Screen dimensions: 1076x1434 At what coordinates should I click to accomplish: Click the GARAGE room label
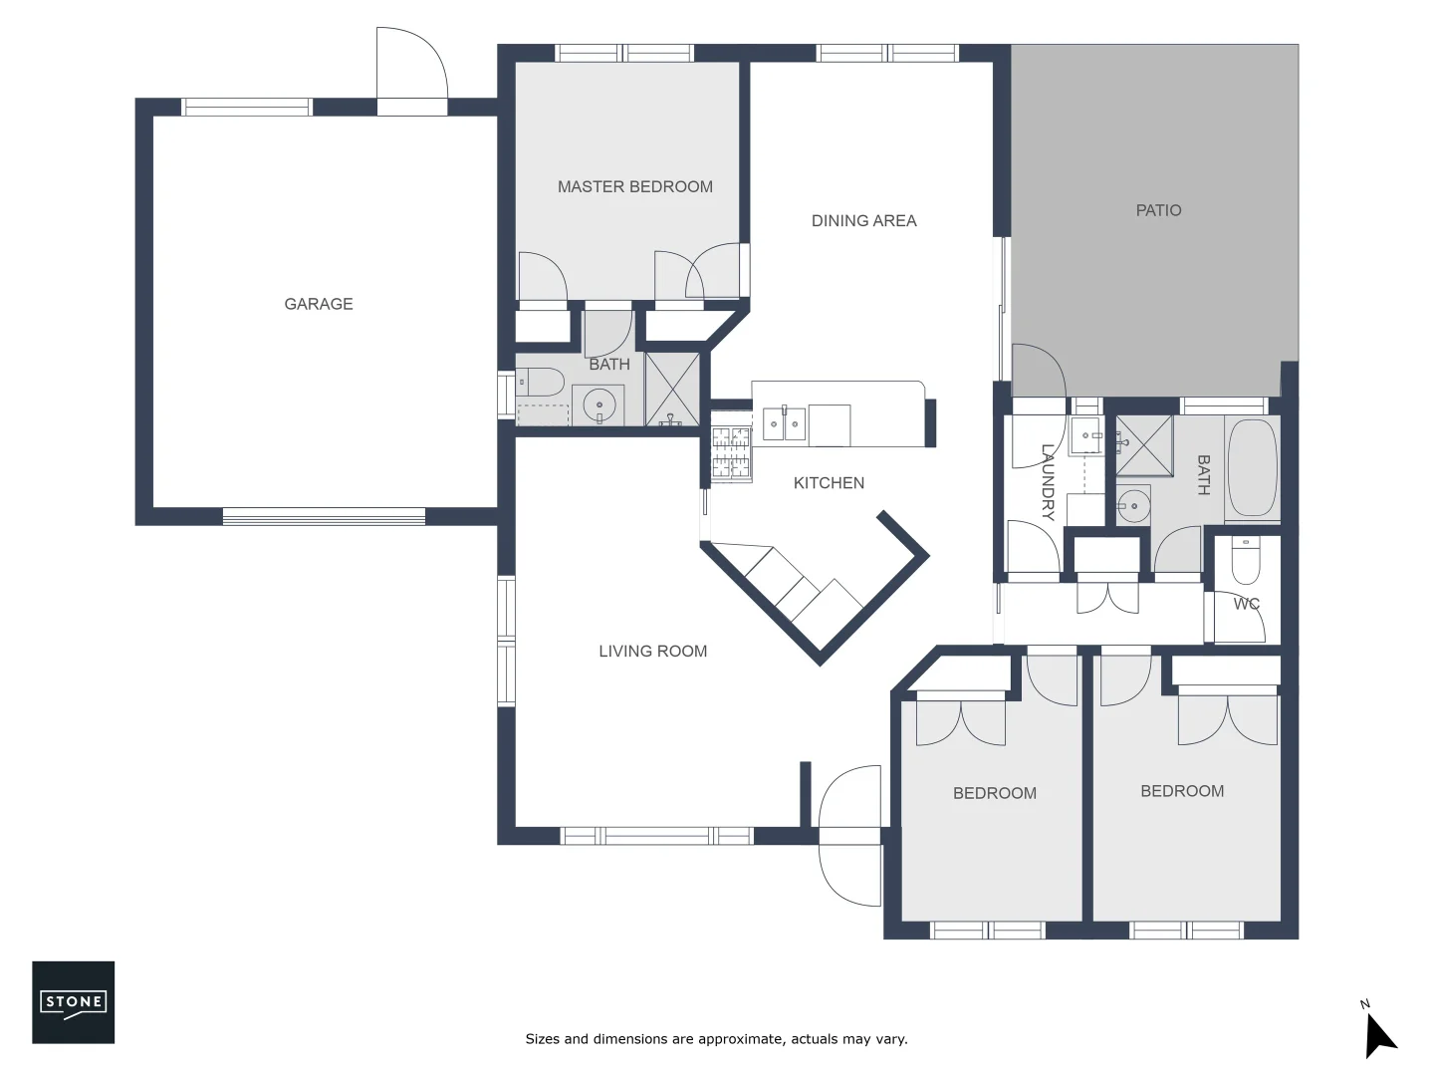319,304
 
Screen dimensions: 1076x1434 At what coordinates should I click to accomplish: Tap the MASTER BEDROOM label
634,186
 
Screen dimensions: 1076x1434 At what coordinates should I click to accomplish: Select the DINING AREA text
863,220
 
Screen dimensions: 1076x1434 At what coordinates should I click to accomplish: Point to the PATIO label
1158,210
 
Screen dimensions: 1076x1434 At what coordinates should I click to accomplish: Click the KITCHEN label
829,483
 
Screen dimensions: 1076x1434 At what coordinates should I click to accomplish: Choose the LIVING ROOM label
652,651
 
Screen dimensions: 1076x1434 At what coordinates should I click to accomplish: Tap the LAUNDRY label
1048,482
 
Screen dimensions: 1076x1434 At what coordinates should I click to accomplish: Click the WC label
1246,604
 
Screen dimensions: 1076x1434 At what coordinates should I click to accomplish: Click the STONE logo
74,1002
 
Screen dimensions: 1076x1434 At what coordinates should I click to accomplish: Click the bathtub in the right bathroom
1252,467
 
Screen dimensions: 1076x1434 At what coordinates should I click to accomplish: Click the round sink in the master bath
599,406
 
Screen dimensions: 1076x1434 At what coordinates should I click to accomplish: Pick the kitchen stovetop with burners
731,453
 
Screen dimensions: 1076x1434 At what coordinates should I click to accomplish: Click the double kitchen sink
784,424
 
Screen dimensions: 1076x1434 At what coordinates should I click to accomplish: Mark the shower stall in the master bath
672,389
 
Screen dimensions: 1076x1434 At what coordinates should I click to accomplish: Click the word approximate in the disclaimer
741,1039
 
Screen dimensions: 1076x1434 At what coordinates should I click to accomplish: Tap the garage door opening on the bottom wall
324,516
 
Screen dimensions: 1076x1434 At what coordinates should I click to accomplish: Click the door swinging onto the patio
1038,372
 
